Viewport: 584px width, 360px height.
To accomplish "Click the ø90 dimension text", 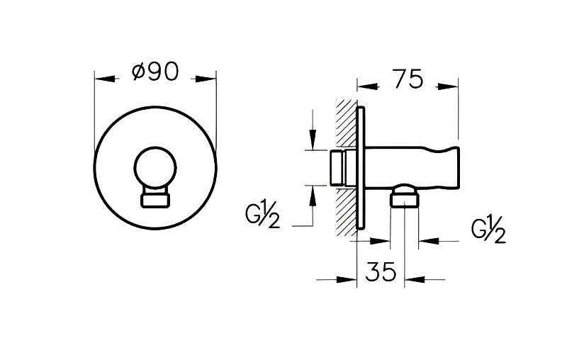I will (x=155, y=72).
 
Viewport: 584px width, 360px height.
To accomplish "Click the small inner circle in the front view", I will (x=155, y=168).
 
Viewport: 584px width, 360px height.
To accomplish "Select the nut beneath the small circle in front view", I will (x=155, y=199).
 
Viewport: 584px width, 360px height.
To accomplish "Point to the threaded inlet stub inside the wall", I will (x=339, y=167).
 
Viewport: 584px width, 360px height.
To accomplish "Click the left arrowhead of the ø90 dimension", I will (x=103, y=79).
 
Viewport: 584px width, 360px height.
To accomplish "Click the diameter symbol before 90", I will (x=140, y=72).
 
